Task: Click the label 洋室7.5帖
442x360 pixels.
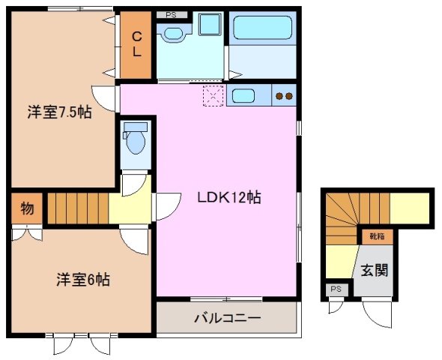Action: click(x=60, y=112)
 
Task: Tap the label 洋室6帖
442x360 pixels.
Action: click(x=83, y=280)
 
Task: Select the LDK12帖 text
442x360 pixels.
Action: click(x=228, y=198)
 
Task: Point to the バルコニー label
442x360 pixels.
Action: click(x=227, y=317)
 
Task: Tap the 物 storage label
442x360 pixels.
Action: click(x=26, y=208)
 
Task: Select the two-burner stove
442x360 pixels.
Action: click(x=284, y=95)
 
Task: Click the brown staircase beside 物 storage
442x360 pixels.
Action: click(x=77, y=208)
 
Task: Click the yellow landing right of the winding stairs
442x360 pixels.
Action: click(x=411, y=206)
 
